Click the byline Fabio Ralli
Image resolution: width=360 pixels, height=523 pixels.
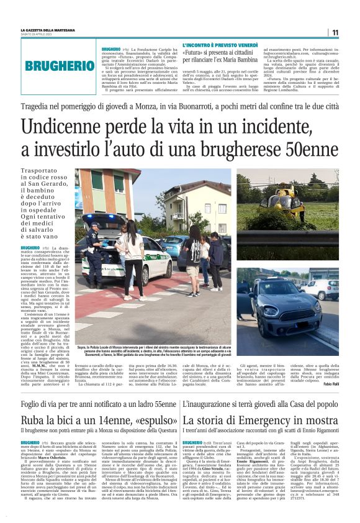331,366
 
